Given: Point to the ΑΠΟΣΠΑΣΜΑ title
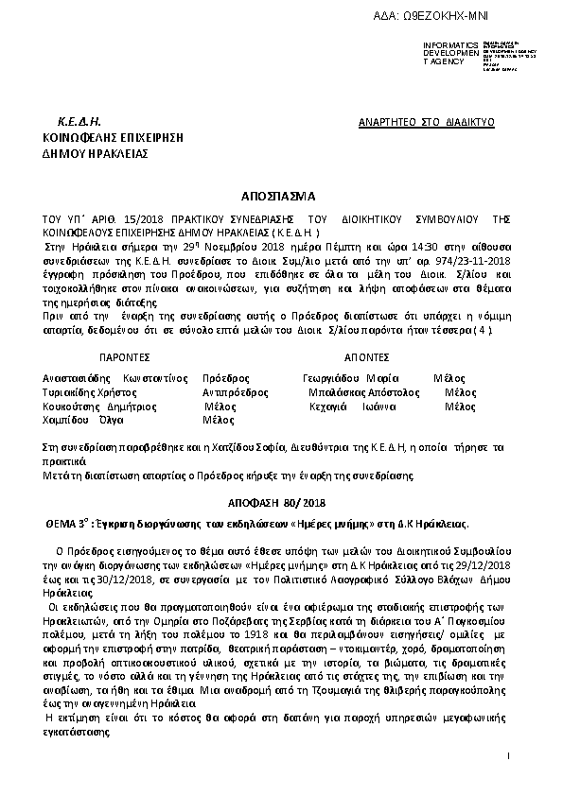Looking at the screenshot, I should pyautogui.click(x=281, y=200).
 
